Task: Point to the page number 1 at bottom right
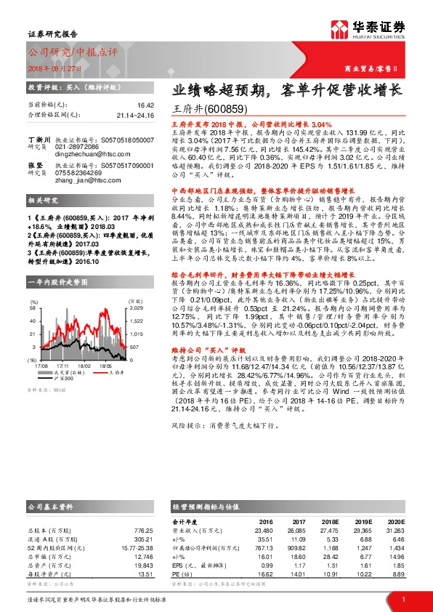point(402,599)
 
